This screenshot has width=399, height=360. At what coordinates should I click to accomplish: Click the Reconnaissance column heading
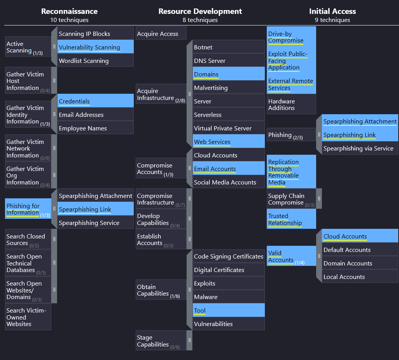(x=69, y=11)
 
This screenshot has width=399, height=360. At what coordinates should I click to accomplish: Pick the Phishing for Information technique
(x=28, y=209)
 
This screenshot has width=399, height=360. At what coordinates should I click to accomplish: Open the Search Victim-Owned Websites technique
(x=28, y=317)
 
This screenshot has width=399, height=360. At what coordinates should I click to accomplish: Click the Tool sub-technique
(x=229, y=310)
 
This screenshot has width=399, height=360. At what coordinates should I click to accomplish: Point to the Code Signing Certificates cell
(x=229, y=256)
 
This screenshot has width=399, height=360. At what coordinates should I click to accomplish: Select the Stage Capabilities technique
(x=161, y=340)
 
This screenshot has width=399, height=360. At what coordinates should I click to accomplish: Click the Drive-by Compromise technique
(x=291, y=37)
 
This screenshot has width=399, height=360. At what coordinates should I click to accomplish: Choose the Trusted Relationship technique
(x=291, y=219)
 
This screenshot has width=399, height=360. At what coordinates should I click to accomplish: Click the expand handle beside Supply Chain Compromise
(x=319, y=198)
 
